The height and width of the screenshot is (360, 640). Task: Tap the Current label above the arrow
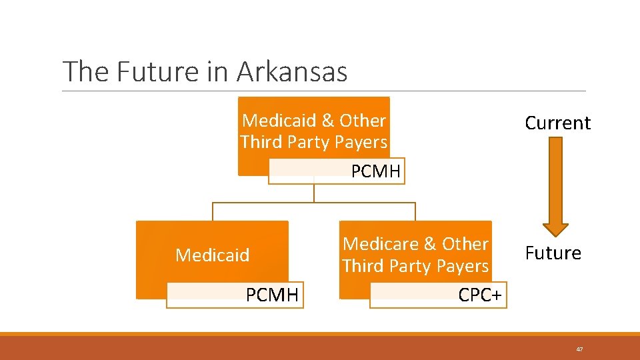click(557, 123)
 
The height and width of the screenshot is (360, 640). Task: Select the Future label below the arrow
click(553, 253)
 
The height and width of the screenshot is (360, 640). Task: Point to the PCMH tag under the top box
click(376, 172)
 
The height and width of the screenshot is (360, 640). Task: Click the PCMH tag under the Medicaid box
click(272, 295)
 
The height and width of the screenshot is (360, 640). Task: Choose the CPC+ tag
click(480, 295)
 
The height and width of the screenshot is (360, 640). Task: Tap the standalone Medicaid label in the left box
click(212, 255)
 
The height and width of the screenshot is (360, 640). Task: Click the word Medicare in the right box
click(378, 244)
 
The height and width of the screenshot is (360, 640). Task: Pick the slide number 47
click(580, 349)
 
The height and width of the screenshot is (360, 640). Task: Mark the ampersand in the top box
click(327, 121)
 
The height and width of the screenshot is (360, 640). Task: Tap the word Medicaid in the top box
click(279, 121)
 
